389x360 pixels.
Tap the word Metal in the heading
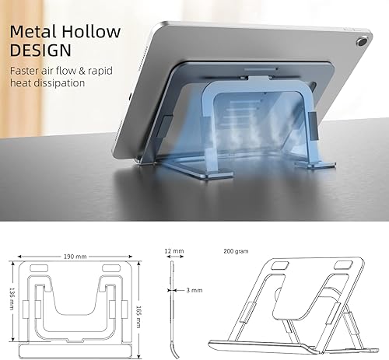click(32, 32)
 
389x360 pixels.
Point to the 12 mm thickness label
click(174, 250)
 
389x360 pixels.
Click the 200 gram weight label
click(235, 251)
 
